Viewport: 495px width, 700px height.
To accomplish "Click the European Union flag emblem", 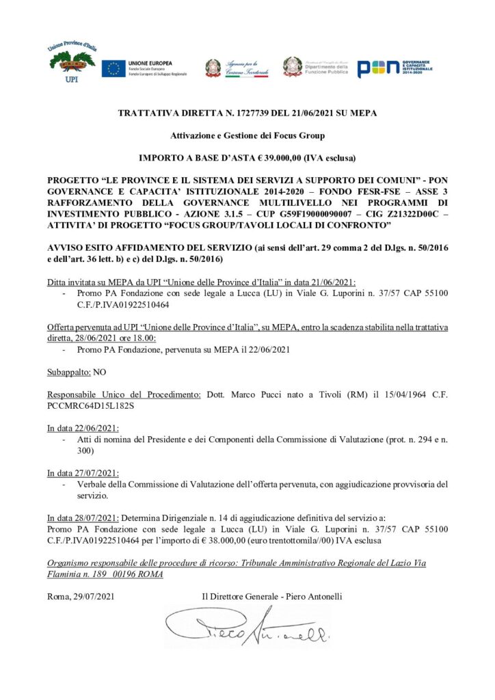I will tap(113, 68).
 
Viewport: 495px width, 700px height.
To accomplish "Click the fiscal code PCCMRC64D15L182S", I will tap(90, 405).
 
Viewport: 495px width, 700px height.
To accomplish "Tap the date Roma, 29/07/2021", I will tap(81, 597).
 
